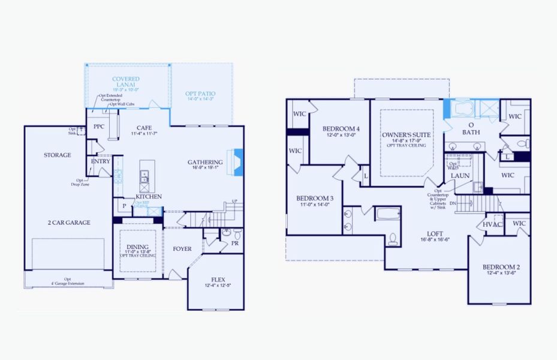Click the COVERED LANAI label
click(x=126, y=82)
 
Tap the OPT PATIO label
click(x=200, y=94)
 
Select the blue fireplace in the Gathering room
click(x=237, y=161)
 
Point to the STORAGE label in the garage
click(x=57, y=155)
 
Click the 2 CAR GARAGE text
click(x=69, y=223)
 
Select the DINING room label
click(x=137, y=247)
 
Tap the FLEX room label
click(x=218, y=280)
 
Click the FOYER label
click(x=182, y=248)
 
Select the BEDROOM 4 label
click(x=341, y=129)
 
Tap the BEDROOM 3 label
click(x=315, y=199)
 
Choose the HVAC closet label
click(x=492, y=224)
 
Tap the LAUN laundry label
click(x=460, y=176)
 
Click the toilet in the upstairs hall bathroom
click(x=393, y=239)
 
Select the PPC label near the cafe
click(x=99, y=127)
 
